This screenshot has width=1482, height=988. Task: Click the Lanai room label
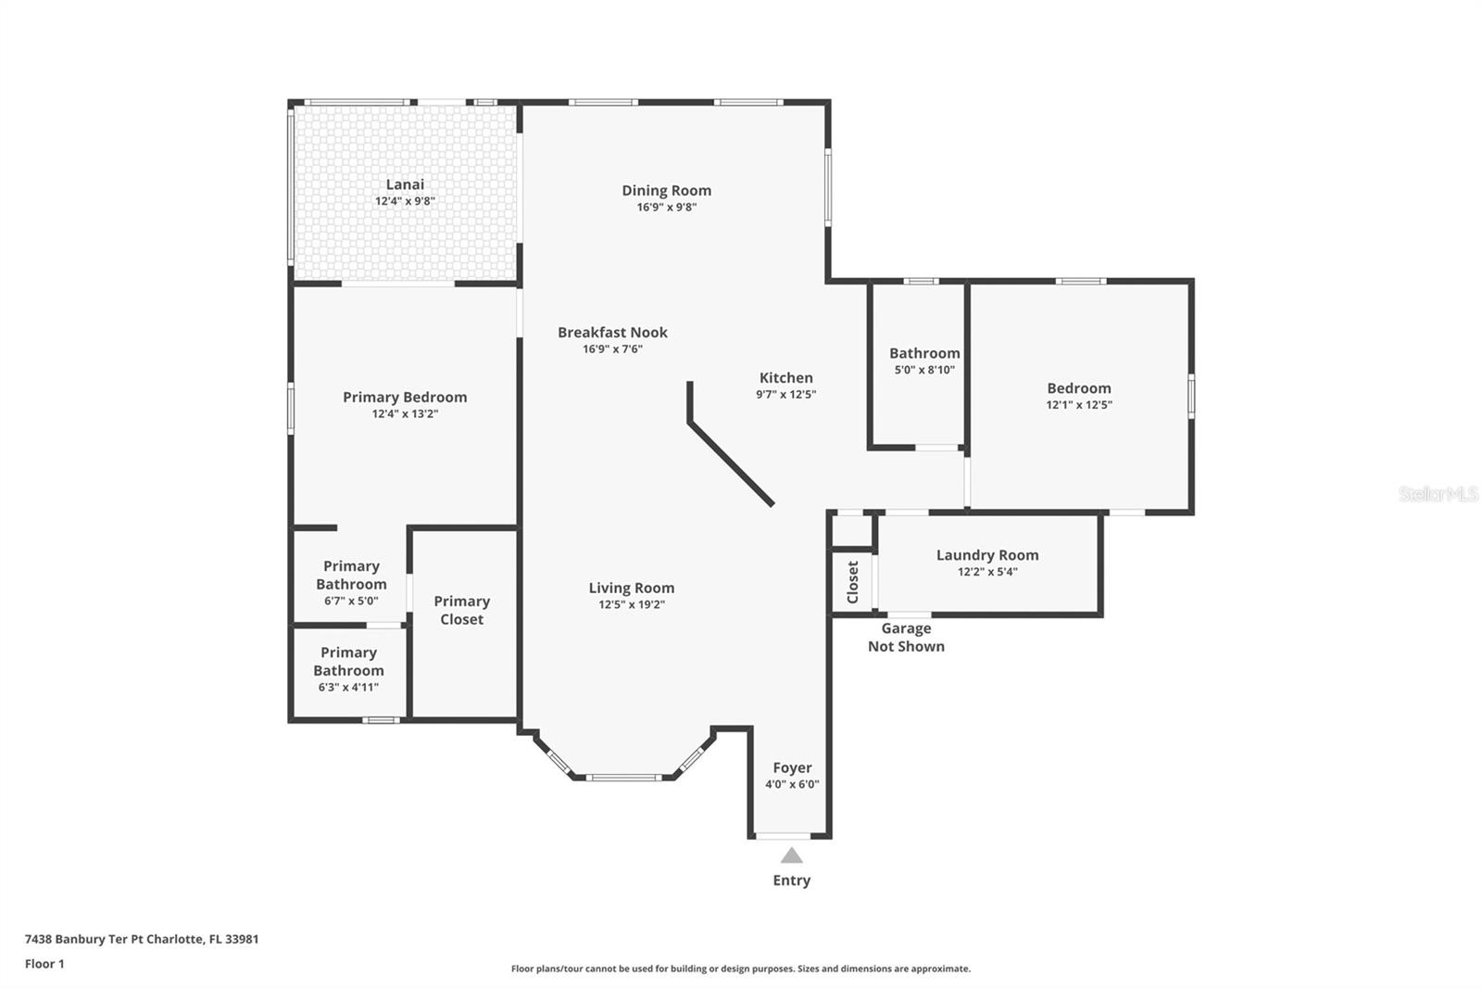pyautogui.click(x=405, y=184)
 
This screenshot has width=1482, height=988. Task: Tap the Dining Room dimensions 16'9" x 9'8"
pyautogui.click(x=666, y=208)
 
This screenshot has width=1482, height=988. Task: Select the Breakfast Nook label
pyautogui.click(x=612, y=332)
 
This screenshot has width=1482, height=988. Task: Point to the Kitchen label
pyautogui.click(x=785, y=377)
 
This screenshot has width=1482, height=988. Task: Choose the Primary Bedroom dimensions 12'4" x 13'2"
pyautogui.click(x=405, y=414)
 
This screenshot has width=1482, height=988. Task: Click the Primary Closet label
pyautogui.click(x=461, y=610)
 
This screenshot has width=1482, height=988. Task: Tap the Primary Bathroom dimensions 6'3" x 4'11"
pyautogui.click(x=348, y=688)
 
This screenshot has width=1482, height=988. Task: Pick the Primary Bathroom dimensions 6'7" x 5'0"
pyautogui.click(x=351, y=601)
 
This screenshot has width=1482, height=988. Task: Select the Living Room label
pyautogui.click(x=631, y=588)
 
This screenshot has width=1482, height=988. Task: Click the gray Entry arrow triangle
pyautogui.click(x=791, y=855)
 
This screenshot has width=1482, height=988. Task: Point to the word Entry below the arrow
pyautogui.click(x=791, y=880)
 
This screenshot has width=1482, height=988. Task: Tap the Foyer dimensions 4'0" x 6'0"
pyautogui.click(x=792, y=784)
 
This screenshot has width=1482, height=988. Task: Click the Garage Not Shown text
pyautogui.click(x=906, y=638)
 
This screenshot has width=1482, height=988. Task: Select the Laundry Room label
pyautogui.click(x=986, y=555)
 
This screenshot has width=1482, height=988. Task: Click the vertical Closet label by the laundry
pyautogui.click(x=853, y=582)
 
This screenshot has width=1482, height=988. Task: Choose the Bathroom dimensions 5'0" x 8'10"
pyautogui.click(x=923, y=370)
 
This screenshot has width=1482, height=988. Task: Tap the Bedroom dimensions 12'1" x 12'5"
pyautogui.click(x=1079, y=405)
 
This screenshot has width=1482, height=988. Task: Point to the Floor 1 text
pyautogui.click(x=44, y=964)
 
